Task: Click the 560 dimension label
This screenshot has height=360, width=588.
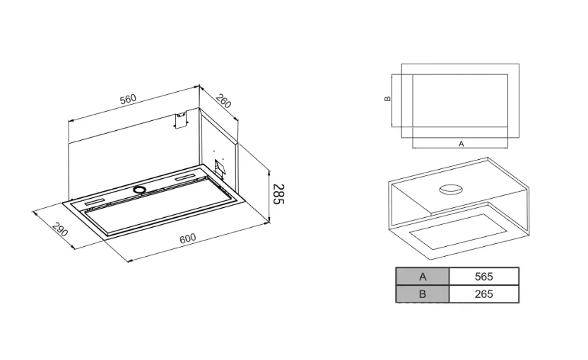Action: [127, 99]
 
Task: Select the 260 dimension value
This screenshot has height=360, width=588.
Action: [223, 101]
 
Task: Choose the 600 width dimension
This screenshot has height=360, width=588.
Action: [187, 238]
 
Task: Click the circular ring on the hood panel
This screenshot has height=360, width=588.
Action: [139, 190]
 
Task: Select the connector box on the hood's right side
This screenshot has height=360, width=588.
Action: [219, 168]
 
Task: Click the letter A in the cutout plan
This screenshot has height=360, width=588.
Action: [461, 144]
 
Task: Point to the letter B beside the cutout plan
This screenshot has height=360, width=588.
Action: [387, 99]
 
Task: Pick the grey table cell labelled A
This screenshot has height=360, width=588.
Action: [422, 277]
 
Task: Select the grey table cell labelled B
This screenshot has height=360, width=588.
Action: [422, 294]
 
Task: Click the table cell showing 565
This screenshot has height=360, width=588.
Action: [483, 277]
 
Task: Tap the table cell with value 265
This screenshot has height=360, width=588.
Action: [483, 294]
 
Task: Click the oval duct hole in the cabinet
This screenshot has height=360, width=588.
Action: [450, 189]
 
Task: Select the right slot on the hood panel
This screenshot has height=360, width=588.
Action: [187, 176]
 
